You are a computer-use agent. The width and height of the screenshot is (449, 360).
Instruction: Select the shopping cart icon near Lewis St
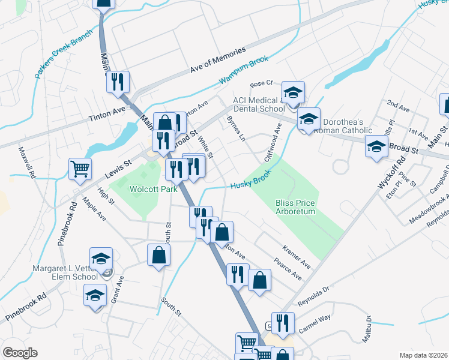80,169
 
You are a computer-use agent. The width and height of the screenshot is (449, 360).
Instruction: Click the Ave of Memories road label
218,61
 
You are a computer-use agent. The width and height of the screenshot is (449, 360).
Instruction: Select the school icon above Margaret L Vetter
101,259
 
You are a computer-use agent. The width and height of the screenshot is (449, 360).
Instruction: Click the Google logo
20,353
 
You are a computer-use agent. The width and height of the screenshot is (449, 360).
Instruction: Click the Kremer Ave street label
297,256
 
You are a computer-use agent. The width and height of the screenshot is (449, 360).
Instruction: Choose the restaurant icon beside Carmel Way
283,323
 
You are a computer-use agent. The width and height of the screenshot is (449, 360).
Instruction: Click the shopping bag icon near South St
159,254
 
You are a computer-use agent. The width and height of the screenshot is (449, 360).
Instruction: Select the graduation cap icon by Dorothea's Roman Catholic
309,119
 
